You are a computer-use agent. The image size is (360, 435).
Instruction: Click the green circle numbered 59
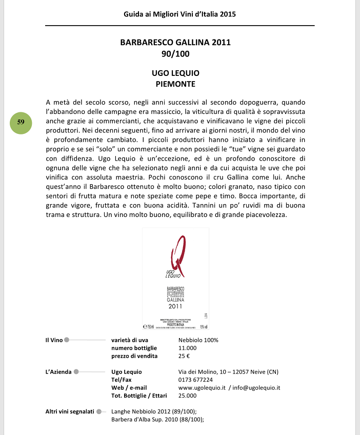tap(21, 122)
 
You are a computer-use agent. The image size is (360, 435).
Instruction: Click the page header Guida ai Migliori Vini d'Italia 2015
tap(179, 14)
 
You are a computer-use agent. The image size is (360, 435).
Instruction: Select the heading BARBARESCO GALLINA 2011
tap(175, 43)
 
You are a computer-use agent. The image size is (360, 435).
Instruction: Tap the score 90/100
tap(175, 53)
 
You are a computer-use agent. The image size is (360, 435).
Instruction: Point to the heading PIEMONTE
tap(175, 83)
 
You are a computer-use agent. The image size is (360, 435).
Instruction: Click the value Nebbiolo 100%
tap(198, 340)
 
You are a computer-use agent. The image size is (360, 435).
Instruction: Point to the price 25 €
tap(184, 356)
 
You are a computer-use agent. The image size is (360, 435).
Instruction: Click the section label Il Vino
tap(53, 340)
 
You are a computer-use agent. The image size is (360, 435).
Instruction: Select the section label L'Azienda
tap(58, 371)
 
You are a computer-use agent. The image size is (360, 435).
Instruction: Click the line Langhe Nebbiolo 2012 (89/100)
tap(154, 411)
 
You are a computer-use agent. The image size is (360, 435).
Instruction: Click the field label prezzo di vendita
tap(134, 356)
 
